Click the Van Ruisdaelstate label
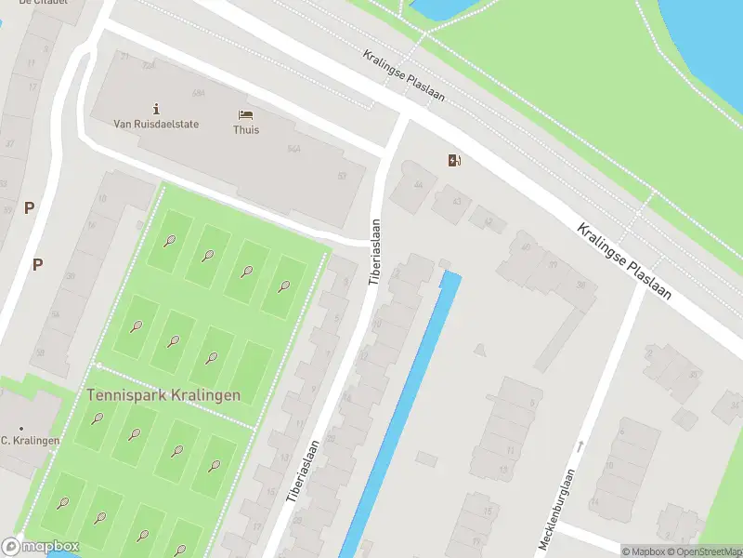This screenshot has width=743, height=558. click(155, 123)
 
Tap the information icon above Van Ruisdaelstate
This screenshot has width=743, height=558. click(155, 109)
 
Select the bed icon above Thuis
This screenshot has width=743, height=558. click(246, 114)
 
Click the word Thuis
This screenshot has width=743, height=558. click(246, 129)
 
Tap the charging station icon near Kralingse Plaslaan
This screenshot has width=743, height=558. click(454, 161)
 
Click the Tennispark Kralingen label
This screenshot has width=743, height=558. click(163, 394)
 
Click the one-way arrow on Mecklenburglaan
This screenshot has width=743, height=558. click(580, 447)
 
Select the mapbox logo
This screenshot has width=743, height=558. click(41, 547)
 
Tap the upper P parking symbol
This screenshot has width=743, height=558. click(29, 208)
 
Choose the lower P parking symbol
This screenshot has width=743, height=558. click(37, 264)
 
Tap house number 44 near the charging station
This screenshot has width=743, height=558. click(417, 185)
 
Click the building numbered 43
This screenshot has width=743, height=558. click(455, 201)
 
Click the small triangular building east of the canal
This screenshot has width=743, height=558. click(479, 349)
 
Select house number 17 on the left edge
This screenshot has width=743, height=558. click(33, 88)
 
